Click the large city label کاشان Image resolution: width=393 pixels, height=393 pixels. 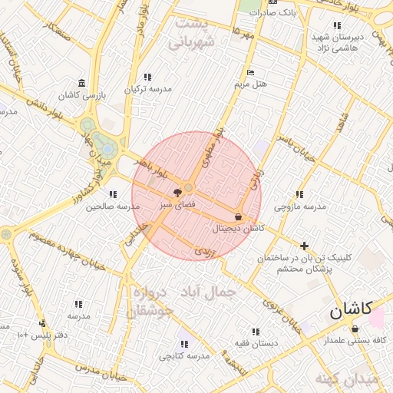coord(351,310)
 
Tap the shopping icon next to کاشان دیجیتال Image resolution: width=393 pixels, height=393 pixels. coord(238,217)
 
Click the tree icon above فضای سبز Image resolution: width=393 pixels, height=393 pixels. coord(178,192)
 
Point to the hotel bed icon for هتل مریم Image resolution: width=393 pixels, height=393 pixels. coord(250,72)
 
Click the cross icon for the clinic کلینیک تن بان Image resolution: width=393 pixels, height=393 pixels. coord(305,246)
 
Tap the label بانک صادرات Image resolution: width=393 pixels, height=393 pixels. coord(276,13)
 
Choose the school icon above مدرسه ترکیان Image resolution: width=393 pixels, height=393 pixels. coord(147,77)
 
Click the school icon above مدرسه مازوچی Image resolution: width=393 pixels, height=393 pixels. coord(299,195)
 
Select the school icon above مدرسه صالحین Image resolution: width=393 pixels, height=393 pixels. coord(113,194)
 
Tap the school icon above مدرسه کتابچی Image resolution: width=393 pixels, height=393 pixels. coord(183,344)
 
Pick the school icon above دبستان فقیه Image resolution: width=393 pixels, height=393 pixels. coord(269,332)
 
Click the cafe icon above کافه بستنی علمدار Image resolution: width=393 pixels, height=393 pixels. coord(355,329)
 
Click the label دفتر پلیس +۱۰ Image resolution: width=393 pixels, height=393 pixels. coord(43,335)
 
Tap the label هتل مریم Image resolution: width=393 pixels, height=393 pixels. coord(251,84)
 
